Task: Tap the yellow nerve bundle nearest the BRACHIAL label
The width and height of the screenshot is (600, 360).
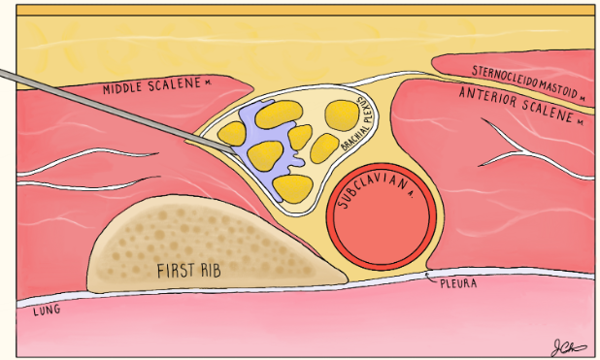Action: pyautogui.click(x=340, y=114)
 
